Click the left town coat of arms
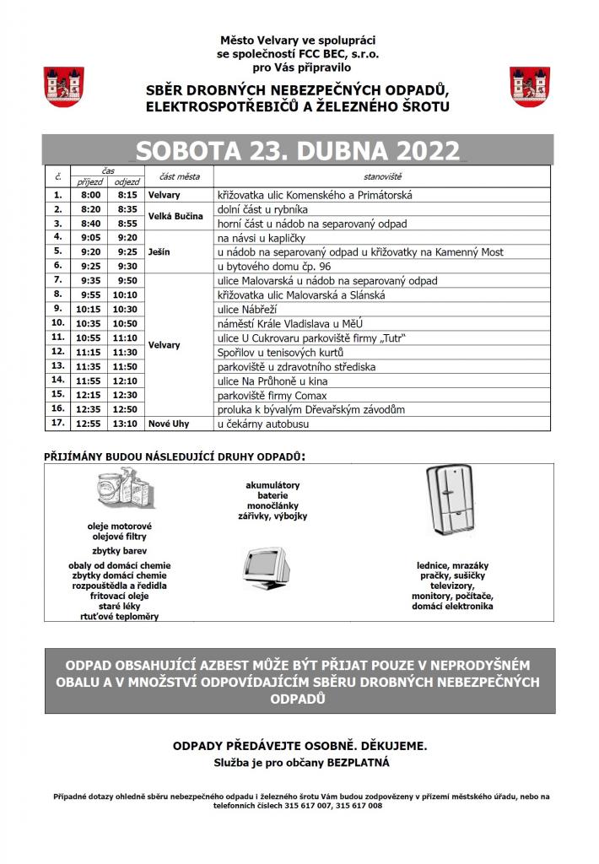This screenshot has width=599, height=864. point(62,86)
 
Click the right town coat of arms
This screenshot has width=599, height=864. point(530,86)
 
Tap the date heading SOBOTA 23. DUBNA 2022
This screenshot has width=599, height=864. point(299,150)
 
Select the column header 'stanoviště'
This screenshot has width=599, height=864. point(382,177)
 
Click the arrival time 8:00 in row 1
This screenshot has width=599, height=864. point(90,195)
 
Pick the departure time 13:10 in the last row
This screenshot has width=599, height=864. point(127,423)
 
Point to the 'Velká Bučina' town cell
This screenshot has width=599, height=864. point(175,216)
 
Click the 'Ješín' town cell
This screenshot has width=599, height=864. point(159,251)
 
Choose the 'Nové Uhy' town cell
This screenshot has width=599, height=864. point(168,423)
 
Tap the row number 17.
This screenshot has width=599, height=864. point(58,423)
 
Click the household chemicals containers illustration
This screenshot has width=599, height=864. point(118,493)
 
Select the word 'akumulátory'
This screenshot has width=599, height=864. point(273,486)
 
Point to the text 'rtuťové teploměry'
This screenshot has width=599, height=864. point(119,616)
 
